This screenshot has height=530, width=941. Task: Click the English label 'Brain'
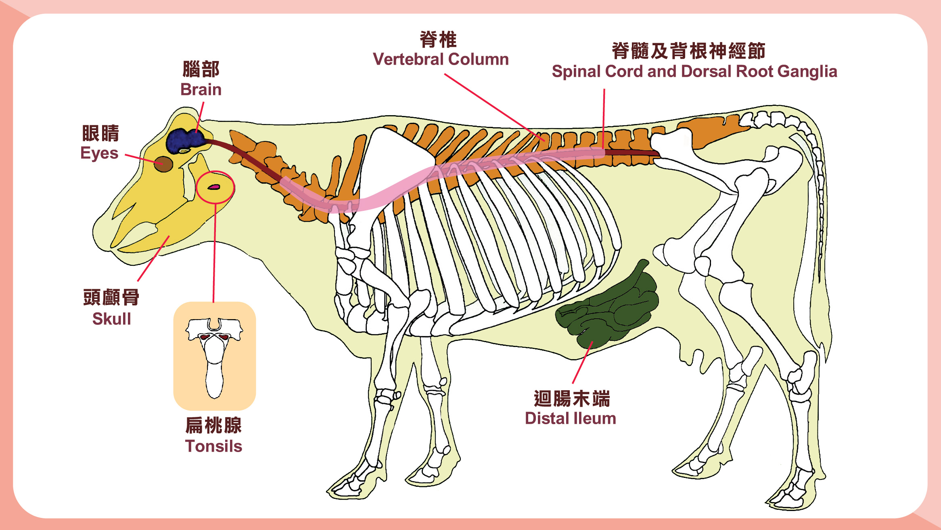coord(201,89)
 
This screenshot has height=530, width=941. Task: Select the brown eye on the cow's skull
coord(164,164)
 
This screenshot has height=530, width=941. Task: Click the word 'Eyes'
coord(99,153)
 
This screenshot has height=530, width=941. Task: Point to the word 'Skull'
coord(112,319)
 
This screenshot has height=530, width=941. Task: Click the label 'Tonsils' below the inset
coord(213,446)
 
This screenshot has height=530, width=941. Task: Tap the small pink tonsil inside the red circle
coord(213,187)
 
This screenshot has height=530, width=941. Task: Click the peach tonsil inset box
coord(215,355)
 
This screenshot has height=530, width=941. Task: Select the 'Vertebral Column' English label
coord(441,59)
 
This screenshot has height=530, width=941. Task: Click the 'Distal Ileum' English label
coord(571,418)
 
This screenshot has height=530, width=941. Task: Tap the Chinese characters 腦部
coord(201,69)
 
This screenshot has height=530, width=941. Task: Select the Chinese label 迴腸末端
coord(572,399)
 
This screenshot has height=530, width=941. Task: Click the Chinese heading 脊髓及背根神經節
coord(688,51)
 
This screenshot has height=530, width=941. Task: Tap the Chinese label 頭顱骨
coord(111,297)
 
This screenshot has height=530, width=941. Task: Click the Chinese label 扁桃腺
coord(213,425)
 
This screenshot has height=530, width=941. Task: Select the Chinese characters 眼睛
coord(100,133)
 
